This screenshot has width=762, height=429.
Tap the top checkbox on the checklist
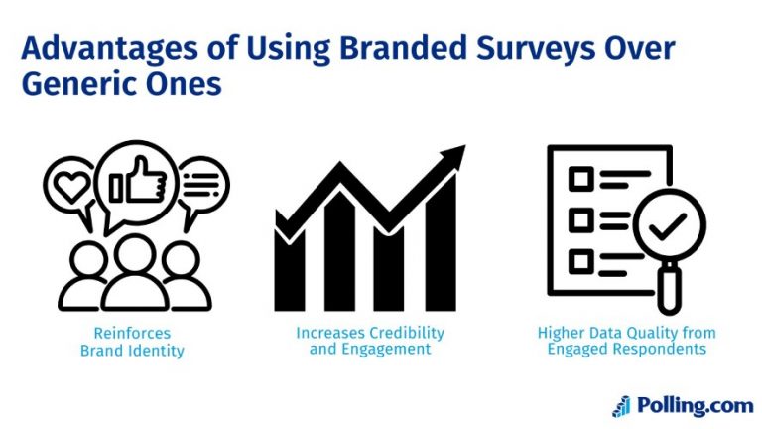pos(580,179)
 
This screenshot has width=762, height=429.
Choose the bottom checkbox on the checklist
pos(580,260)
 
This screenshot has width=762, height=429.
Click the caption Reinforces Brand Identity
pos(132,341)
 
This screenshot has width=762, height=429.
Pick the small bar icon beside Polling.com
pos(621,405)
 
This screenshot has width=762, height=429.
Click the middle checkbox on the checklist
pos(580,219)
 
